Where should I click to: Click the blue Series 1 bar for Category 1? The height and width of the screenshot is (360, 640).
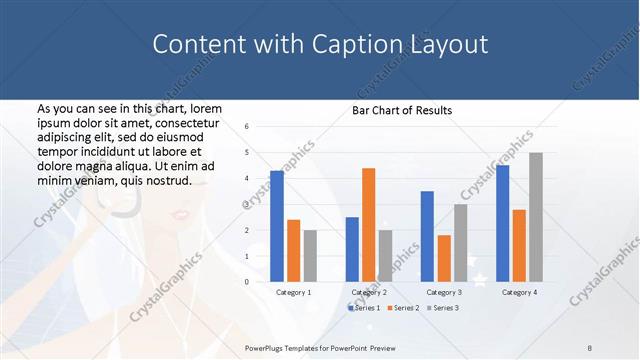click(277, 226)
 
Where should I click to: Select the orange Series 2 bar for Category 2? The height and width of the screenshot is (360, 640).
click(368, 225)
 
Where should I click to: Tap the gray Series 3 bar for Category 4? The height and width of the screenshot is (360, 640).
click(536, 217)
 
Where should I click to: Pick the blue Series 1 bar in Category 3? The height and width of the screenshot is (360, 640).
click(427, 236)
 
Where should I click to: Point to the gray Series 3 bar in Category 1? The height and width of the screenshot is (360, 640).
click(310, 256)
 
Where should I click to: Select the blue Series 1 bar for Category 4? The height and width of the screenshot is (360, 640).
click(502, 223)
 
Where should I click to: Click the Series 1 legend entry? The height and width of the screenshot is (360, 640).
click(362, 308)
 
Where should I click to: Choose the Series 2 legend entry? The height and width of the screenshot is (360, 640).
click(401, 308)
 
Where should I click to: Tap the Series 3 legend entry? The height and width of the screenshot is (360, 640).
click(441, 308)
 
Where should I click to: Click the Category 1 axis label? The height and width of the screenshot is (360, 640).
click(293, 292)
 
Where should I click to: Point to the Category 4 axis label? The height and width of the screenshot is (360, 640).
click(519, 292)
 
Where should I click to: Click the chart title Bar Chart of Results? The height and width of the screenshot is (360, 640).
click(402, 110)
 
